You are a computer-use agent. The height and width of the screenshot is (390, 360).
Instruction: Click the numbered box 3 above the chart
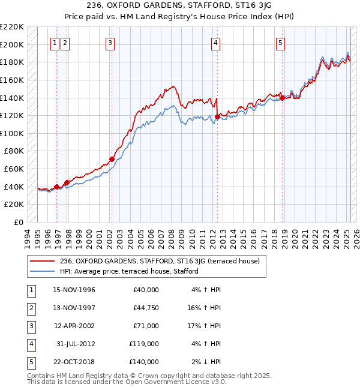(111, 43)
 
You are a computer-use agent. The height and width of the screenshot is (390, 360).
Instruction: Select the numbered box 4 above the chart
(215, 43)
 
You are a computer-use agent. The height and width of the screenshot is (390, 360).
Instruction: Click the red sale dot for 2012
(217, 116)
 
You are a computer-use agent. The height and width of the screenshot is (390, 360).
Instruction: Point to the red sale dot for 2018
(282, 98)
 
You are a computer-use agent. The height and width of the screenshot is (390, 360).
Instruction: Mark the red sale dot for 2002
(112, 159)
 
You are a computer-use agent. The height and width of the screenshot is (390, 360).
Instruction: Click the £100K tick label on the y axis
(12, 133)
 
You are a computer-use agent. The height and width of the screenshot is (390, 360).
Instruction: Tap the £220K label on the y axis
(12, 27)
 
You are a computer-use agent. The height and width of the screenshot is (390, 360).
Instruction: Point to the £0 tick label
(18, 222)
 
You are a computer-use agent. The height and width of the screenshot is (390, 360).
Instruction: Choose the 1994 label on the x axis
(27, 236)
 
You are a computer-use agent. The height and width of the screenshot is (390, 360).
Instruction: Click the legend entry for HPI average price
(129, 272)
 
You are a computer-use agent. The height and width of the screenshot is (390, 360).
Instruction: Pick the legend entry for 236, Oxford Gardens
(160, 261)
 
